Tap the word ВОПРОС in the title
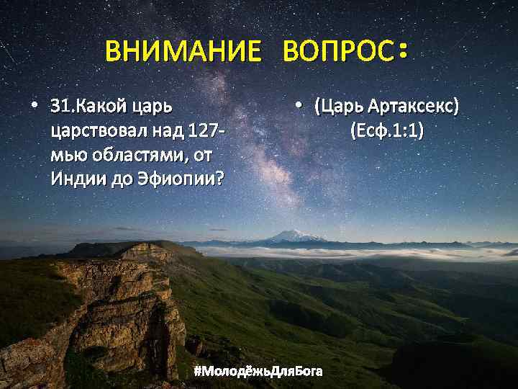(338, 52)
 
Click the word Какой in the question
(99, 109)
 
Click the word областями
(122, 155)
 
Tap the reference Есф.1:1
(387, 131)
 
